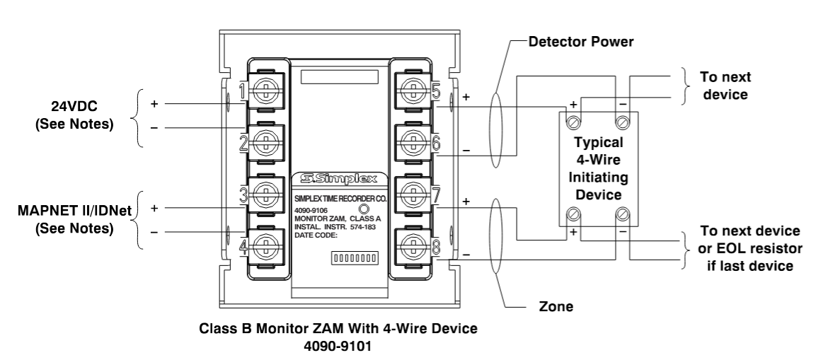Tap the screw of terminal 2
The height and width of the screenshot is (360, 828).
coord(265,141)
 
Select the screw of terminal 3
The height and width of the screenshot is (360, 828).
coord(265,195)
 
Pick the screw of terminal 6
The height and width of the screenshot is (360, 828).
coord(413,141)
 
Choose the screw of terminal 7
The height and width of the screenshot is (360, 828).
coord(413,195)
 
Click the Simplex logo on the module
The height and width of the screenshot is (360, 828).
coord(339,178)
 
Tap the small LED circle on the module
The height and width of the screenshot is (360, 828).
coord(364,209)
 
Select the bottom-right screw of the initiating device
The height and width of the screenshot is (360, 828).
coord(623,214)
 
